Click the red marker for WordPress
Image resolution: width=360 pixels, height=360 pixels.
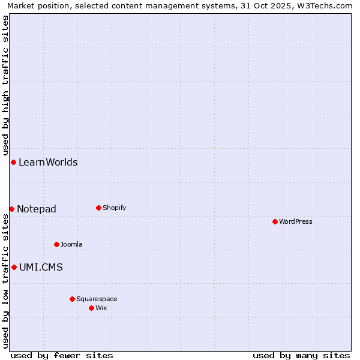275,221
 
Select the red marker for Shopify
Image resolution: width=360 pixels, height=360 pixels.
98,208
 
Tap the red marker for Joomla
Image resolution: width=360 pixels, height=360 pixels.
56,244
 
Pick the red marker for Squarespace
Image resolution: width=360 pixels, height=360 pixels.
72,299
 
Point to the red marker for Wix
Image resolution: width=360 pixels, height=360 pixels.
91,308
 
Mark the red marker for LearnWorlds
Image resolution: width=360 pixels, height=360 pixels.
13,162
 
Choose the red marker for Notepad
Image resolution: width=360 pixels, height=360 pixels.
11,209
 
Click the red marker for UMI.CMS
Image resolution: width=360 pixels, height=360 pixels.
14,267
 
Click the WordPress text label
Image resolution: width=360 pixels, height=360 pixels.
296,221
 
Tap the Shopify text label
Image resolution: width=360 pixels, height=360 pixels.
115,208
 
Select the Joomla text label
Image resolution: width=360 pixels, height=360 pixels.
71,244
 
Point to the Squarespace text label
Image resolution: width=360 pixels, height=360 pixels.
97,299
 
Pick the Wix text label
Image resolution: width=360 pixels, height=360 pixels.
101,308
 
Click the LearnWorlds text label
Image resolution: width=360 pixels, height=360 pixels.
48,162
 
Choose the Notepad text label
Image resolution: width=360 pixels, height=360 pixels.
37,209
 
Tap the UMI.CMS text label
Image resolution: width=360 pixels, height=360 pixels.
41,267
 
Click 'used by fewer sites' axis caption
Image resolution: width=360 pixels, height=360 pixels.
62,355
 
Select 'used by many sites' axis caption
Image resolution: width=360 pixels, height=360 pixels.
301,355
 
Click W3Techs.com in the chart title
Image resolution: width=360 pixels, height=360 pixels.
325,5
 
